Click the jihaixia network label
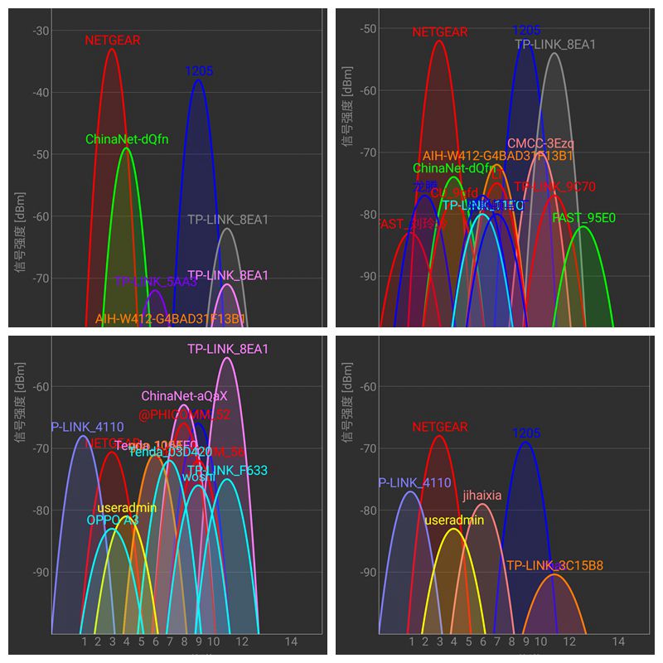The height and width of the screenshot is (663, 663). coord(482,496)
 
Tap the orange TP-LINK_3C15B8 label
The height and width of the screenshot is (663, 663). coord(554,566)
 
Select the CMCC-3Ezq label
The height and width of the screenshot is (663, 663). coord(540,143)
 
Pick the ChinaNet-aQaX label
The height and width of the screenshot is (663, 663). coord(184,396)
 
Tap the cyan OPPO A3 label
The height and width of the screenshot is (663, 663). coord(113,520)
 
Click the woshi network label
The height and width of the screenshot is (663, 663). coord(198,477)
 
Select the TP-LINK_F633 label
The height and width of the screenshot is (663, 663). coord(227,471)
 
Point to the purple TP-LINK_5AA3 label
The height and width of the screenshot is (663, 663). coord(156,282)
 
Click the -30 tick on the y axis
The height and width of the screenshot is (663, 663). coord(41,31)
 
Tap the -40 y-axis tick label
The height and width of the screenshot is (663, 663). coord(41,92)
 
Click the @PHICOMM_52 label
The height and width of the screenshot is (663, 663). coord(184,414)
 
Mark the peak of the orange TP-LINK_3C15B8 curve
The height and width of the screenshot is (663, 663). coord(554,574)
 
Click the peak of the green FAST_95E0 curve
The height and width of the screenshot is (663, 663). coord(583,227)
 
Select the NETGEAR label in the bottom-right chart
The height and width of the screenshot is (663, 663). coord(440,428)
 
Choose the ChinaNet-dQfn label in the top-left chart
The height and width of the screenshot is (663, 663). coord(127,139)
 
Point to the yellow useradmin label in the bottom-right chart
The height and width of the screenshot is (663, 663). coord(453,520)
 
